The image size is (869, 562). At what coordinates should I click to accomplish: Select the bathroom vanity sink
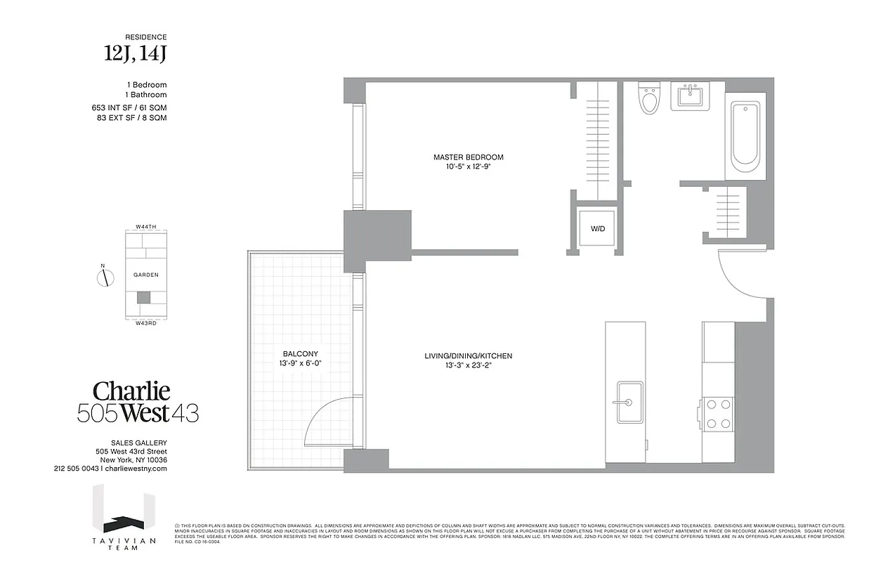[691, 96]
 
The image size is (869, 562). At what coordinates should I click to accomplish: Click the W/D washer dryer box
[596, 228]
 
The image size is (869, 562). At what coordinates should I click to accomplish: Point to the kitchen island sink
[629, 403]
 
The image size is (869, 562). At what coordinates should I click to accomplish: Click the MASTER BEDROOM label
[468, 157]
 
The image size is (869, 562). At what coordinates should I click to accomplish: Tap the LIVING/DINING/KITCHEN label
[468, 356]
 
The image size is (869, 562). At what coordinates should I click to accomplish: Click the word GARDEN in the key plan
[145, 275]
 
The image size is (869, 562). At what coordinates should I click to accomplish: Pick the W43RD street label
[145, 322]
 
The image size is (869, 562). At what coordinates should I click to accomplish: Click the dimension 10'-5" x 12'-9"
[468, 167]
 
